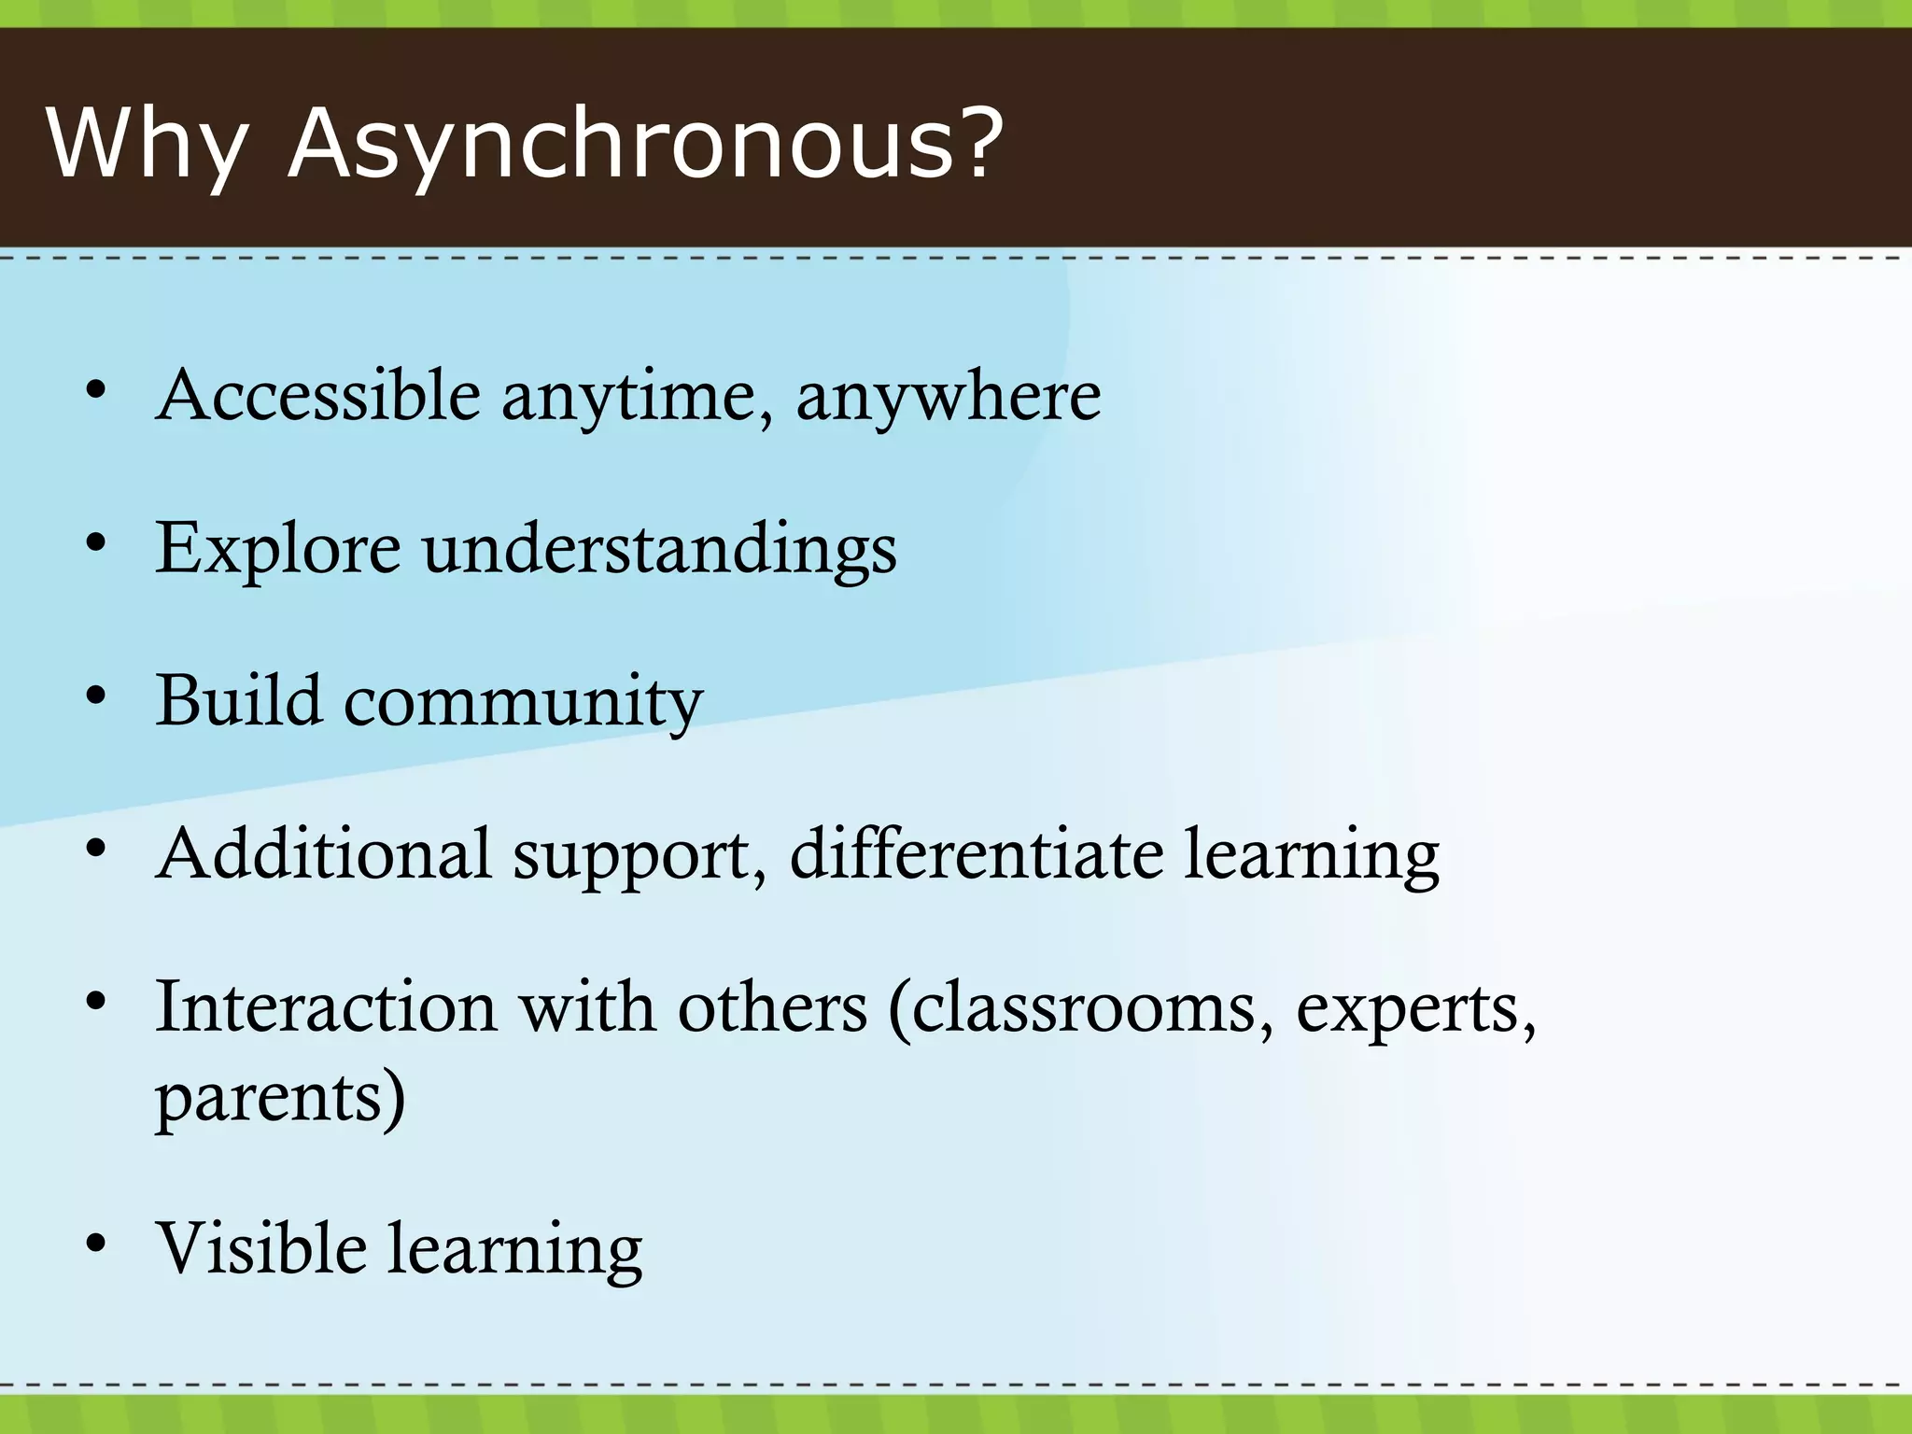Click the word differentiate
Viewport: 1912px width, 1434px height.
(977, 853)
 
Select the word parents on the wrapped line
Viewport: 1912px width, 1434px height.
(271, 1099)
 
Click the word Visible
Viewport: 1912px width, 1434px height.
(261, 1248)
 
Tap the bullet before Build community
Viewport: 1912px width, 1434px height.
(96, 696)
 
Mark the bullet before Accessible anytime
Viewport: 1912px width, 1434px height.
(96, 391)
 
